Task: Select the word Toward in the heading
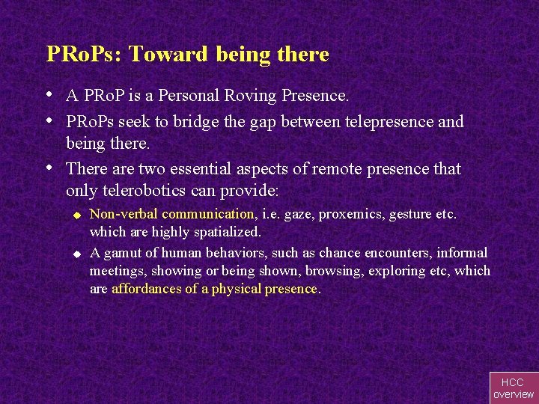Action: point(170,55)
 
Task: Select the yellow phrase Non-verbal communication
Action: point(172,214)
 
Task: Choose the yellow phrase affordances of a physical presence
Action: point(214,289)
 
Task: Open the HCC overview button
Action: point(514,388)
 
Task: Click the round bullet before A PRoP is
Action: point(49,96)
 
